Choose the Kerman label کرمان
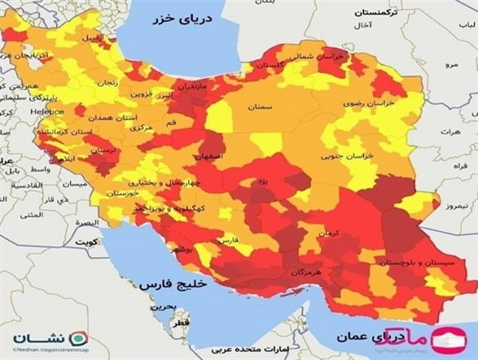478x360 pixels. point(329,234)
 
